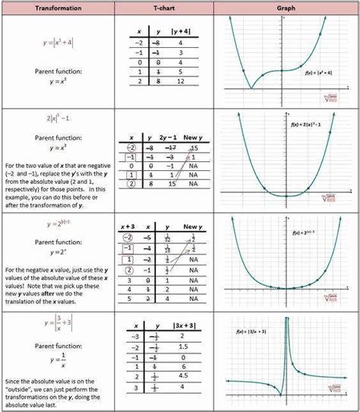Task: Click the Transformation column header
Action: [55, 8]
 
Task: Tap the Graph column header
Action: [286, 8]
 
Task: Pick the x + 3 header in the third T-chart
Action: [130, 227]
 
